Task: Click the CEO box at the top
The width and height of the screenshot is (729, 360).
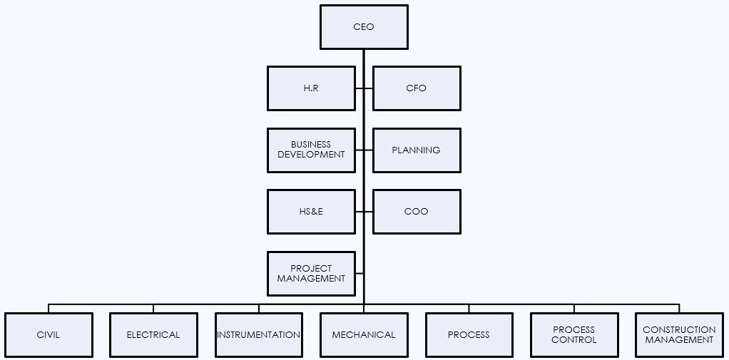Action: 364,27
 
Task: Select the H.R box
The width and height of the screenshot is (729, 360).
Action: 311,88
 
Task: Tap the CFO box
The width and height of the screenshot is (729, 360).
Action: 417,88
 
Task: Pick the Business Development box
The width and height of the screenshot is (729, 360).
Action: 311,150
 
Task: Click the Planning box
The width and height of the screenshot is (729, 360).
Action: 417,150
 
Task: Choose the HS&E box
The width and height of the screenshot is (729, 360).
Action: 311,212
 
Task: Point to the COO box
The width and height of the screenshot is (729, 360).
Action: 417,212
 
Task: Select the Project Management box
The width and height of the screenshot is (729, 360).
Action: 311,274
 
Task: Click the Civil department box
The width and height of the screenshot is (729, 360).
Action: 49,335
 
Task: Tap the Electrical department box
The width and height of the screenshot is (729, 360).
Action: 153,335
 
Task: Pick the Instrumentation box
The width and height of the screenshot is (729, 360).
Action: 259,335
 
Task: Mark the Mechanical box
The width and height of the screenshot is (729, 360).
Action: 364,335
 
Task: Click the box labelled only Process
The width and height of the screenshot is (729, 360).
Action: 469,335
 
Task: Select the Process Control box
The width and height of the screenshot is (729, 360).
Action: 574,335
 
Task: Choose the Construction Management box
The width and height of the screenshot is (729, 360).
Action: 679,335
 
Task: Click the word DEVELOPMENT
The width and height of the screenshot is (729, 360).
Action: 311,155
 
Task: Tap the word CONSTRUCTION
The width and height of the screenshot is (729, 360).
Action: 679,330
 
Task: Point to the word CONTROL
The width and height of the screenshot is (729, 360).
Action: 574,340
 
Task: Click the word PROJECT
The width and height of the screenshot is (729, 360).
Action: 311,269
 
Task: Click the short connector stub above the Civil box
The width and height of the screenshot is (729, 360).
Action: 49,309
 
